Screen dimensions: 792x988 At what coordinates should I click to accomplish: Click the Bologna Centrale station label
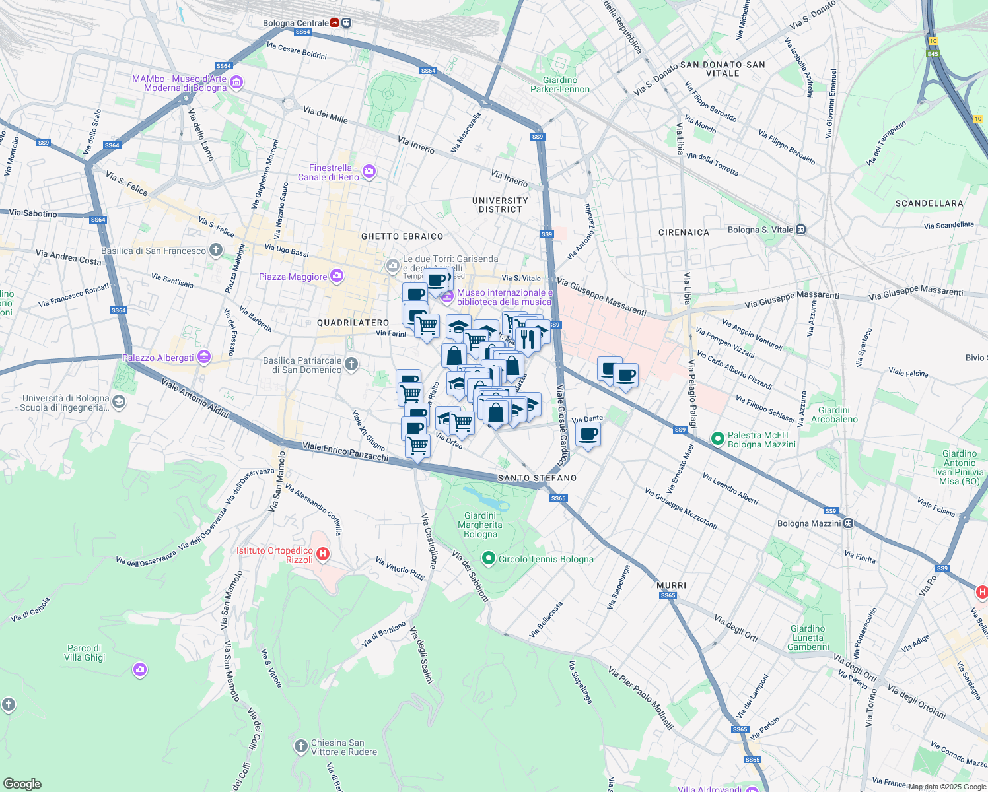pos(295,23)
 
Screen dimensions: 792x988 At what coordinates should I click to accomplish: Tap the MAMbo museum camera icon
pos(236,83)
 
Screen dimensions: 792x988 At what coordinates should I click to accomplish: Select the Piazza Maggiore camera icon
pos(337,276)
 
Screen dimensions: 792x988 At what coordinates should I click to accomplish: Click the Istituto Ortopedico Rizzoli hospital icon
pos(323,554)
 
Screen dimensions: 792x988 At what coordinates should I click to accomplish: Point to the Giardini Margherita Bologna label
pos(480,525)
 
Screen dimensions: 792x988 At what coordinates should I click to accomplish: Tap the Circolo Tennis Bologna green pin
pos(489,559)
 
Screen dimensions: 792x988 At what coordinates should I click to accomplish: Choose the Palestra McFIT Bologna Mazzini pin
pos(718,438)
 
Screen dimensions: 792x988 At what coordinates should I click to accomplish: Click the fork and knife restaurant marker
pos(526,338)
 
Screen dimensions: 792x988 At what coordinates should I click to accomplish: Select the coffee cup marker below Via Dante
pos(588,435)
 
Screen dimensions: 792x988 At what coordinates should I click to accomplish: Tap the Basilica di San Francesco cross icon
pos(216,250)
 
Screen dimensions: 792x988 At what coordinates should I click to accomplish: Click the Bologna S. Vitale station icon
pos(800,230)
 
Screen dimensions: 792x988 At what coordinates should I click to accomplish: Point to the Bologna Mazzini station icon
pos(848,523)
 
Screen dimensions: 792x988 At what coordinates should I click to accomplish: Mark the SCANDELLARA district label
pos(929,203)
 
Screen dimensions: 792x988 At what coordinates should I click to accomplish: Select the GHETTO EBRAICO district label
pos(402,236)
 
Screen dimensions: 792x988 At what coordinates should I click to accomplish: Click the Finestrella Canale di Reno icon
pos(369,172)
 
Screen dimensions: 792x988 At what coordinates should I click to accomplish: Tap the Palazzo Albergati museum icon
pos(204,358)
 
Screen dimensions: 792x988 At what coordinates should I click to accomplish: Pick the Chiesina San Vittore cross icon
pos(301,746)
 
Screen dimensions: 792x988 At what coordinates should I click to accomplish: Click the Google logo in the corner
pos(22,783)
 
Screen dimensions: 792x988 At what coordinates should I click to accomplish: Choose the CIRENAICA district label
pos(684,232)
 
